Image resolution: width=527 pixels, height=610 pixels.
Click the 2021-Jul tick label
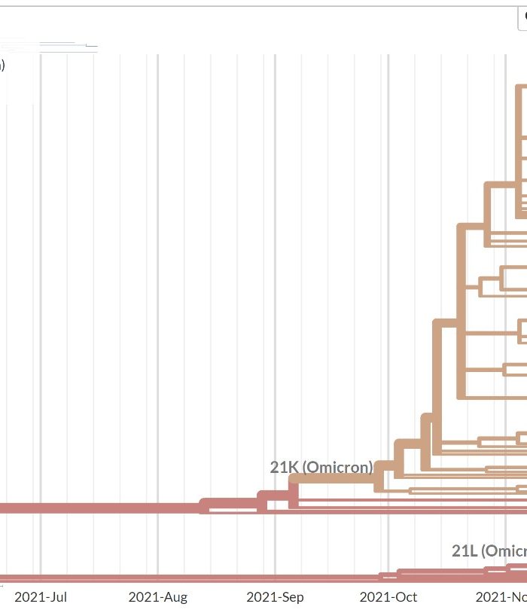(41, 596)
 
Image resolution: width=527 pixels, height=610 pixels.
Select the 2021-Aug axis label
(157, 596)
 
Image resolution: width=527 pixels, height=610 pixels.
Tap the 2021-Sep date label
(275, 596)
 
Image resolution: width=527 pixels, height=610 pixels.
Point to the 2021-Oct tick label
(388, 596)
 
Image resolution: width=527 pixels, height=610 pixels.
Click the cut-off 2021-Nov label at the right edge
(501, 596)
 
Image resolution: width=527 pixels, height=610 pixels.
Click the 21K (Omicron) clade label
(321, 467)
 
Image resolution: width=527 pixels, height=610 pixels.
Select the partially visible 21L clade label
(489, 551)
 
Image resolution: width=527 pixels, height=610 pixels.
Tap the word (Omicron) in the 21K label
(337, 467)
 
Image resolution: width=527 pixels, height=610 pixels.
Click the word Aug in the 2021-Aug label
(173, 596)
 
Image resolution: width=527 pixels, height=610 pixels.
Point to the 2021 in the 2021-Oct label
(374, 596)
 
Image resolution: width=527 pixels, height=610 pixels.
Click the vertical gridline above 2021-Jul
(41, 301)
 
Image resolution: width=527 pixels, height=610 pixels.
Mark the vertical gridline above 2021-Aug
(157, 301)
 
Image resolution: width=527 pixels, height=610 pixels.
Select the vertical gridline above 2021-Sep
(275, 301)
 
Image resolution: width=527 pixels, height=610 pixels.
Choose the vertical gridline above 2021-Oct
(388, 301)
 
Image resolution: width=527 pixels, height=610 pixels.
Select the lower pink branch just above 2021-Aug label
(157, 578)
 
